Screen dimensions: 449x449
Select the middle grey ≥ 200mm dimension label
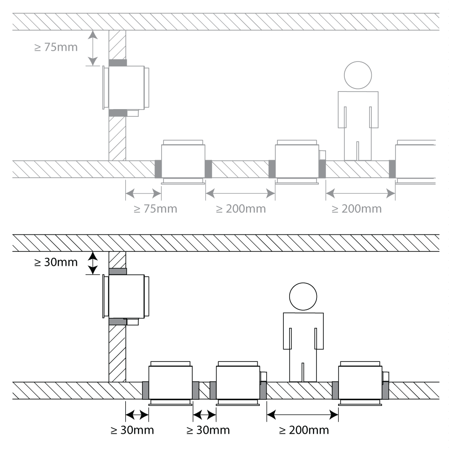click(241, 209)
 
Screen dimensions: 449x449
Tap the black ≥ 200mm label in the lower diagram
click(304, 430)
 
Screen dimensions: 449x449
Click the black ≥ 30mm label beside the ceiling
click(57, 263)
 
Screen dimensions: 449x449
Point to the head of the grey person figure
click(358, 75)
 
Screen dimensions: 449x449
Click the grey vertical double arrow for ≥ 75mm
click(92, 48)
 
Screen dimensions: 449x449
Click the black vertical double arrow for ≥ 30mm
click(92, 263)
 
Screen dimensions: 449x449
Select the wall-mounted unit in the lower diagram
click(126, 296)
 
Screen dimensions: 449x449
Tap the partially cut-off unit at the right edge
click(415, 162)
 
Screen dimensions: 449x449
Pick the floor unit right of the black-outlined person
click(361, 382)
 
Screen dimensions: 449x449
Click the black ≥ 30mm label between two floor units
click(207, 430)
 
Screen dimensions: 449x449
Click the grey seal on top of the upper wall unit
click(118, 63)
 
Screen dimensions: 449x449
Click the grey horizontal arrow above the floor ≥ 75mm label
click(143, 194)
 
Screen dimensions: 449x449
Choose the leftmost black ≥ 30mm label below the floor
click(132, 430)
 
